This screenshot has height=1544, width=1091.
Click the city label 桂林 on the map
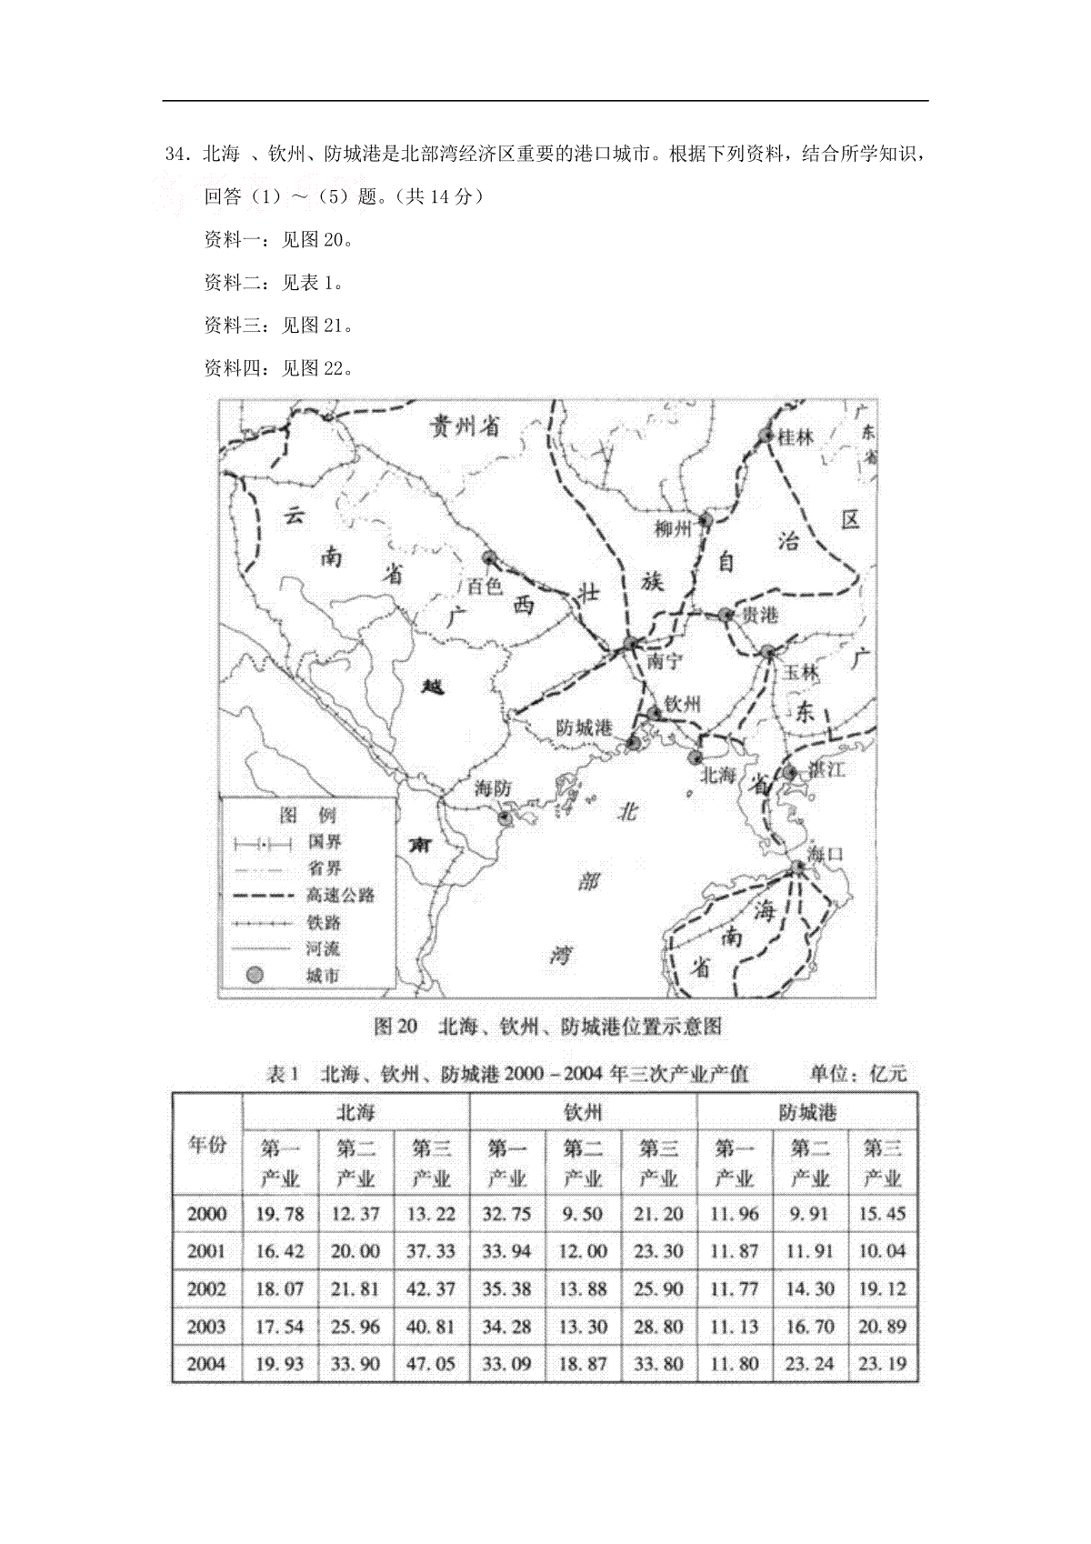click(796, 437)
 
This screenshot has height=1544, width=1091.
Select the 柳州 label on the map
click(673, 528)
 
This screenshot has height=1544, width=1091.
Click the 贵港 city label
click(760, 616)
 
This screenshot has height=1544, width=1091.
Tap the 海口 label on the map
click(826, 855)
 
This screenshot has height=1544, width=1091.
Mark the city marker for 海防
click(505, 817)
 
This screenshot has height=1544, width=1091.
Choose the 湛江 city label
click(828, 771)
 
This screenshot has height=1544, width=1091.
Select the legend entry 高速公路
click(340, 896)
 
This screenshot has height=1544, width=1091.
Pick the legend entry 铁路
click(325, 922)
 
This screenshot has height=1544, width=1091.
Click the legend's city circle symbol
click(256, 976)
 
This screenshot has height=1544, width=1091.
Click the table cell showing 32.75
click(506, 1214)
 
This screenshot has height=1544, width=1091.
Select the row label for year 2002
click(206, 1289)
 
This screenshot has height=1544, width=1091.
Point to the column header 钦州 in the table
click(582, 1112)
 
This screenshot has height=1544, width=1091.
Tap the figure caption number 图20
click(395, 1027)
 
